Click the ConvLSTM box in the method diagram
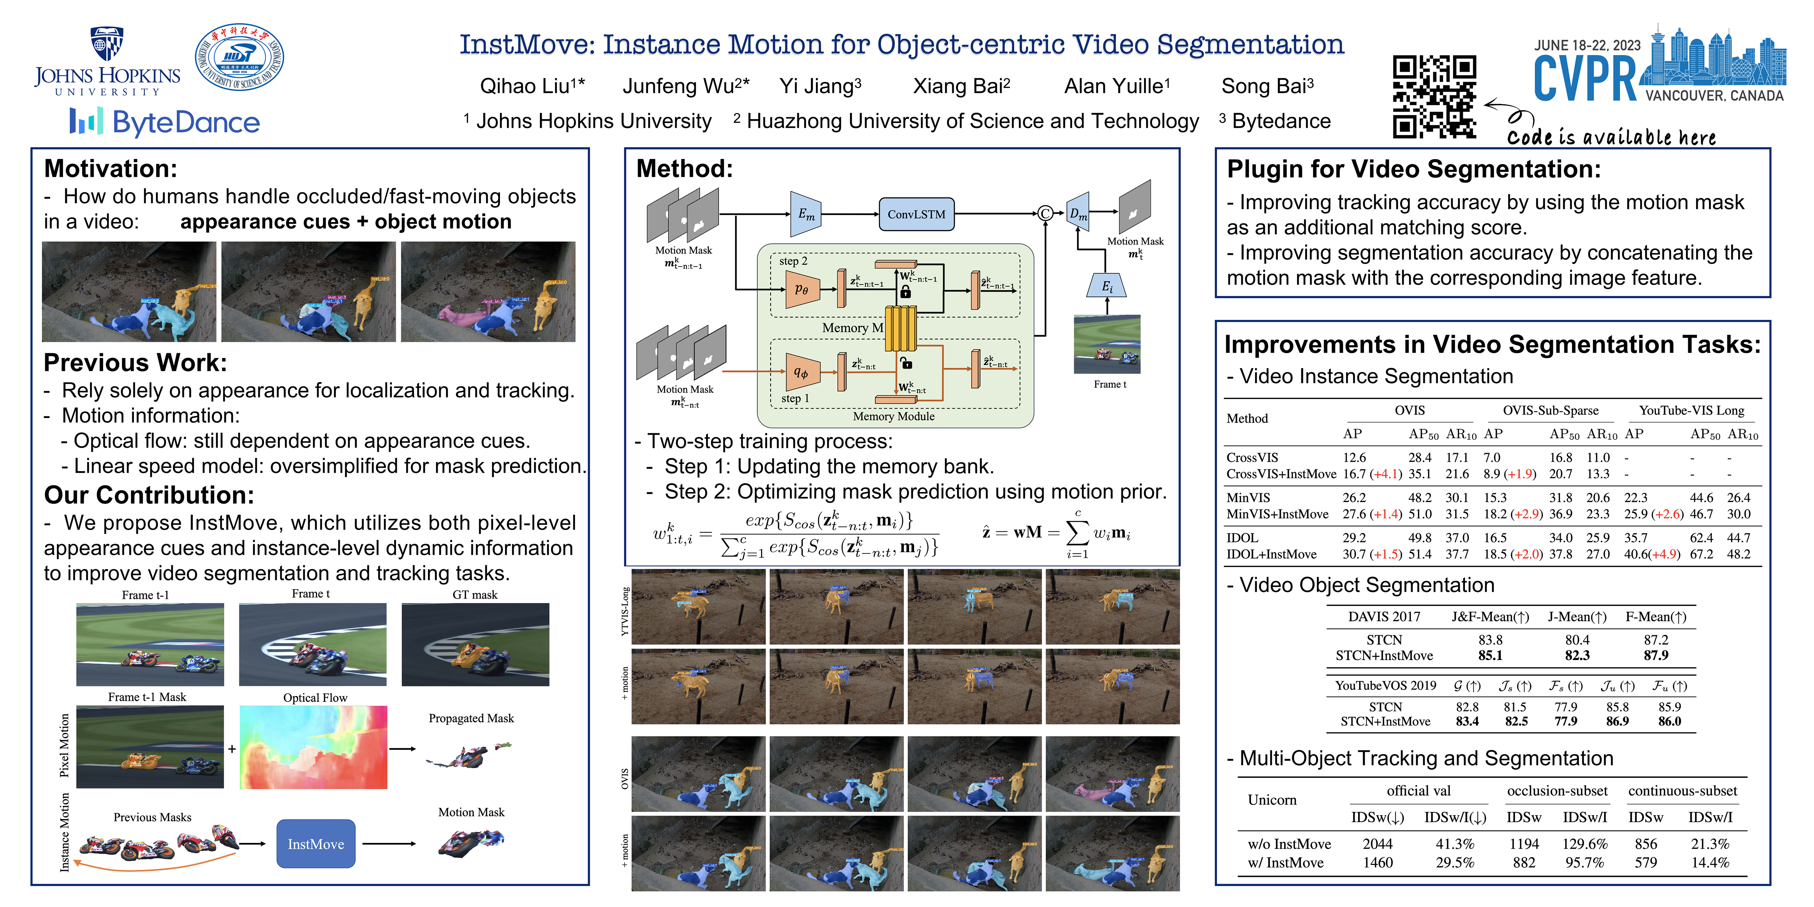pos(916,214)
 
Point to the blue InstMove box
pos(315,844)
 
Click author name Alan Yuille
pos(1116,86)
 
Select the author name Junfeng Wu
pos(685,86)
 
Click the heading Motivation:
pos(111,169)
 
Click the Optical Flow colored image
pos(313,747)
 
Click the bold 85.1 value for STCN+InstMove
pos(1490,655)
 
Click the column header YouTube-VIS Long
pos(1691,411)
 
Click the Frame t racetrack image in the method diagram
pos(1107,344)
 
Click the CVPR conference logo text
pos(1584,79)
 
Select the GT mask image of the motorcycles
pos(475,644)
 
